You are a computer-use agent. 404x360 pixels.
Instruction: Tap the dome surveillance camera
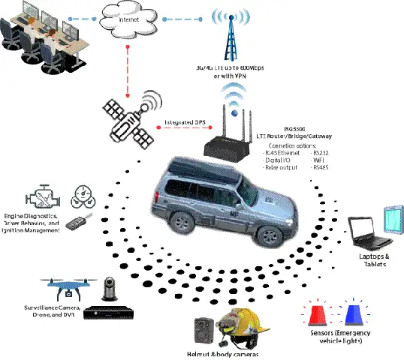tap(106, 289)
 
